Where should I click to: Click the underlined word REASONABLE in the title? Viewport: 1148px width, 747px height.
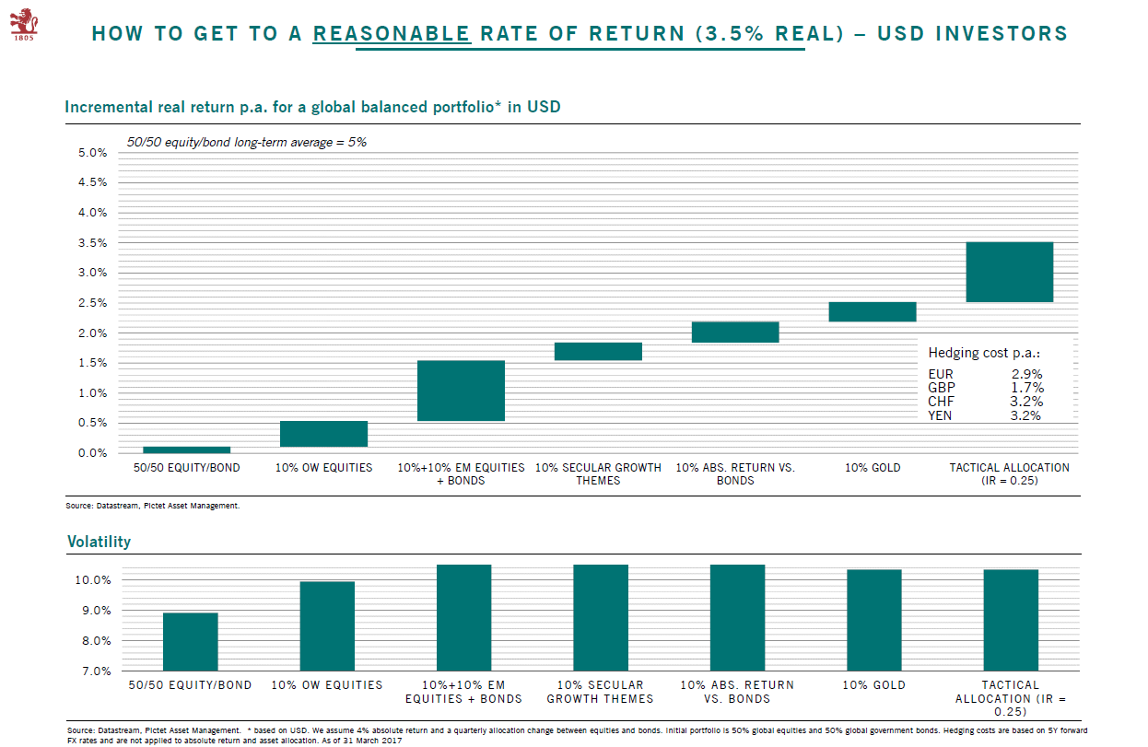coord(392,34)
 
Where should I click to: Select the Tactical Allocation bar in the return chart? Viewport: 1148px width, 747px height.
coord(1009,272)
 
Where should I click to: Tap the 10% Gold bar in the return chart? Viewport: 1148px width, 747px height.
coord(872,311)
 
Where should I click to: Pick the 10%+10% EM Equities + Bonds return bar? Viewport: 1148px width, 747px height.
coord(461,391)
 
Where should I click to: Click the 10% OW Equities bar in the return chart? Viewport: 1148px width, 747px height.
coord(323,434)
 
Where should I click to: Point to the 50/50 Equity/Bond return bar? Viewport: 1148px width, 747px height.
coord(186,449)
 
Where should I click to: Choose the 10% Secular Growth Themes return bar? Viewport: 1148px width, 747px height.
coord(598,351)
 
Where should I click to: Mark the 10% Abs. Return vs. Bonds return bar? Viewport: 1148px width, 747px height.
coord(734,332)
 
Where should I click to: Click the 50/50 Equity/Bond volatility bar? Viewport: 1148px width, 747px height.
coord(190,641)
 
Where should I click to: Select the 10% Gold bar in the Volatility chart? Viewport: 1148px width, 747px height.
coord(874,620)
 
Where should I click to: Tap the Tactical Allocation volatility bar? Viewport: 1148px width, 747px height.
coord(1011,620)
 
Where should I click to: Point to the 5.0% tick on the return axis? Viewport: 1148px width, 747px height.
coord(91,153)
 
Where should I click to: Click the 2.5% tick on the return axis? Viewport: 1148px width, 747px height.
coord(91,303)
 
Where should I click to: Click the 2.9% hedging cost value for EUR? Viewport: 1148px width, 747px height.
coord(1025,375)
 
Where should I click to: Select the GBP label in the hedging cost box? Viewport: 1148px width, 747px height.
coord(942,389)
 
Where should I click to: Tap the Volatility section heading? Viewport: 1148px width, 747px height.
coord(99,542)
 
